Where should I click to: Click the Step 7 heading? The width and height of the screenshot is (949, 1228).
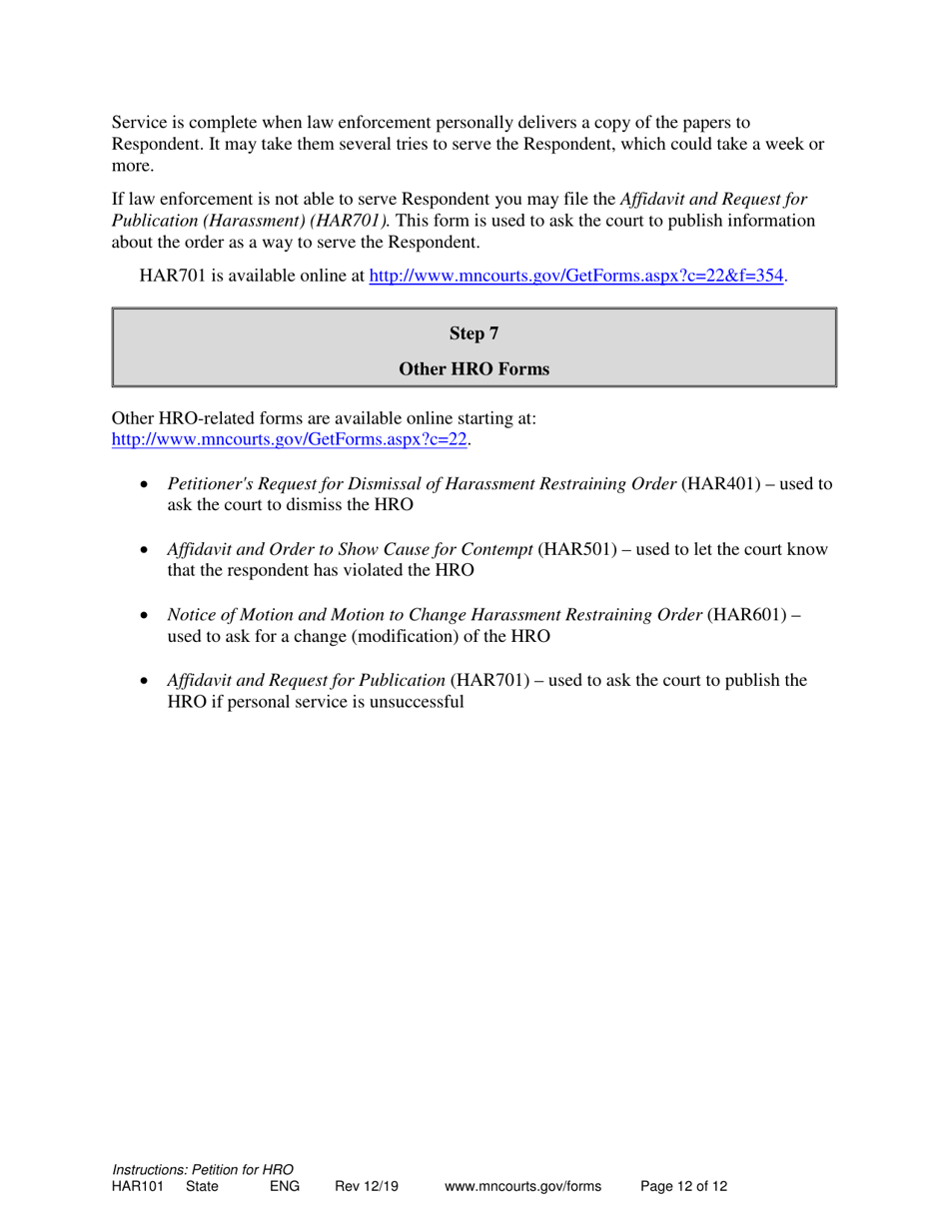click(474, 333)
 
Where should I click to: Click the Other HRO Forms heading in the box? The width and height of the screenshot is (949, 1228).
click(474, 369)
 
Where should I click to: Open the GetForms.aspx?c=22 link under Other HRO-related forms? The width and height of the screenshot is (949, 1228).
click(291, 438)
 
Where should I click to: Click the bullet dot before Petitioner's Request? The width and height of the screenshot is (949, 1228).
click(147, 485)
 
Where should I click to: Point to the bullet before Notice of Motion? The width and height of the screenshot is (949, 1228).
click(147, 616)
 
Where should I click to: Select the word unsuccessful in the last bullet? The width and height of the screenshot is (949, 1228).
click(417, 701)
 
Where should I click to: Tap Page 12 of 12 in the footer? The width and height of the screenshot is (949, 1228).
click(683, 1186)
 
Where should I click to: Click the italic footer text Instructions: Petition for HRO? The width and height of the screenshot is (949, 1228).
click(203, 1169)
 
